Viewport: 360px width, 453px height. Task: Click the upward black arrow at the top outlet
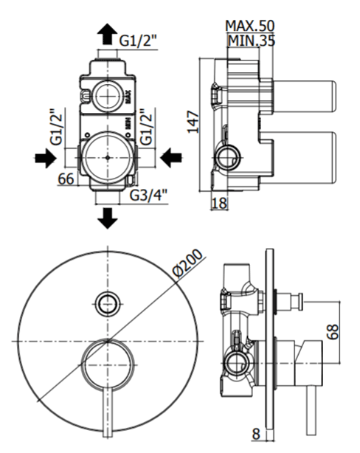click(x=107, y=34)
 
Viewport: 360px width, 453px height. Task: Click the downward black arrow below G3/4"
click(x=108, y=218)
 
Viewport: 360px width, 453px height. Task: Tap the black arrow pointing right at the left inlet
click(x=45, y=158)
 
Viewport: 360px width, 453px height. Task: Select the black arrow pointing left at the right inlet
click(x=171, y=158)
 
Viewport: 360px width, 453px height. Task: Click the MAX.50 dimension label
click(x=249, y=26)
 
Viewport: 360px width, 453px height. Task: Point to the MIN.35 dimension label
click(x=252, y=41)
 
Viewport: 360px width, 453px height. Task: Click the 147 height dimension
click(x=193, y=122)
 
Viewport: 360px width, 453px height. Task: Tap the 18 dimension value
click(x=219, y=203)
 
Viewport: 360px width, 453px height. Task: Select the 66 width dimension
click(x=66, y=179)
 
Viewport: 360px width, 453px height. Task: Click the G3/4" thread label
click(x=148, y=196)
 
